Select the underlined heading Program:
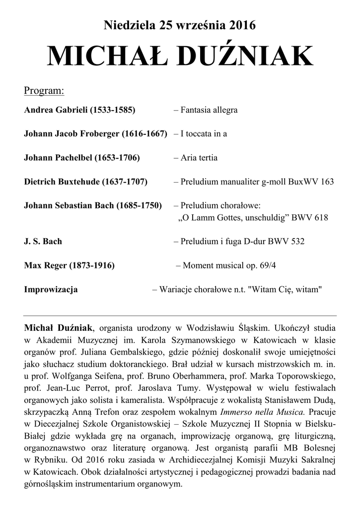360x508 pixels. [x=44, y=91]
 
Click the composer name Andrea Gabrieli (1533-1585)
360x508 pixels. [x=79, y=110]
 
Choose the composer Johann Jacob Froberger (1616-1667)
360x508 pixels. [x=95, y=134]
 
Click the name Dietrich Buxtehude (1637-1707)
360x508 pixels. [x=86, y=182]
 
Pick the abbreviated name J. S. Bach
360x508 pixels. [x=43, y=242]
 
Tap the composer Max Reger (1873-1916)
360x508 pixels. [x=70, y=266]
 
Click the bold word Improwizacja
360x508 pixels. [x=51, y=290]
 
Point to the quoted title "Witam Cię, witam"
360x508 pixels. [x=286, y=290]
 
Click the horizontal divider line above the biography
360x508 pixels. [x=180, y=316]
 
